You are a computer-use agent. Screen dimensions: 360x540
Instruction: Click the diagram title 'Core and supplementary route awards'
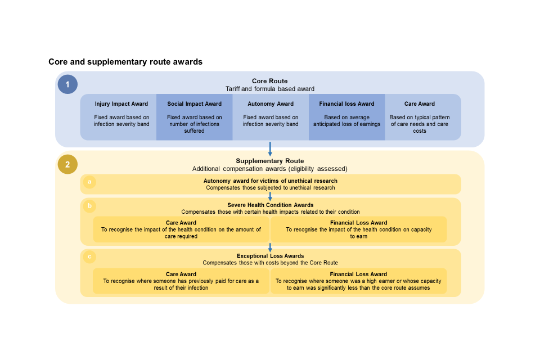[x=125, y=62]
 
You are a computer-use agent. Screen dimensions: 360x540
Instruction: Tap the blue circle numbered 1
[x=67, y=84]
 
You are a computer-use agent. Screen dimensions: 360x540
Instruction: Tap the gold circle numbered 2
[x=67, y=164]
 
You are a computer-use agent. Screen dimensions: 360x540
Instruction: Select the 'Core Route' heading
[x=270, y=81]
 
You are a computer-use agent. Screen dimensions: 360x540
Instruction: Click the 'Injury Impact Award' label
[x=121, y=104]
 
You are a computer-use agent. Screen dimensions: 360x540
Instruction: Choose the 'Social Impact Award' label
[x=195, y=104]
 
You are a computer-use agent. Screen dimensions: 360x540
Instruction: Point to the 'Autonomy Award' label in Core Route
[x=271, y=104]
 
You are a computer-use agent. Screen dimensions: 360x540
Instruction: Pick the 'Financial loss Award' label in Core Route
[x=346, y=104]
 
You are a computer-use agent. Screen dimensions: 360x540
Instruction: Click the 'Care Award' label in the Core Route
[x=420, y=104]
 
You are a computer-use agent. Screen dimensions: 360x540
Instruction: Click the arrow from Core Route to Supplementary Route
[x=271, y=148]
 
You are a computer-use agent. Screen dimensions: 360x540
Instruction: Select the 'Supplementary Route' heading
[x=270, y=161]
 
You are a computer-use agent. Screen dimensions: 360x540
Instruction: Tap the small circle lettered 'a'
[x=88, y=182]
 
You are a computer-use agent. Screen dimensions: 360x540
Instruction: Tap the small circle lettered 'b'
[x=88, y=206]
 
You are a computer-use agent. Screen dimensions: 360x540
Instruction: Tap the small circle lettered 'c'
[x=88, y=257]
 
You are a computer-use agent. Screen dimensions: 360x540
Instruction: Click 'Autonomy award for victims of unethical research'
[x=271, y=181]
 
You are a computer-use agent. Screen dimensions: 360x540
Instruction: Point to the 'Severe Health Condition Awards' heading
[x=271, y=205]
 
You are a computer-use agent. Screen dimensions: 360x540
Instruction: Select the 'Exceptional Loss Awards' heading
[x=271, y=256]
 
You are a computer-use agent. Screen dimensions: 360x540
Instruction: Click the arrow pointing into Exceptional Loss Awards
[x=271, y=247]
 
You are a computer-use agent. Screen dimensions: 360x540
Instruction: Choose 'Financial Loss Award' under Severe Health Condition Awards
[x=359, y=223]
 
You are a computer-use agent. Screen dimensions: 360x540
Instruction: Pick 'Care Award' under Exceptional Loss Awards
[x=181, y=274]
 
